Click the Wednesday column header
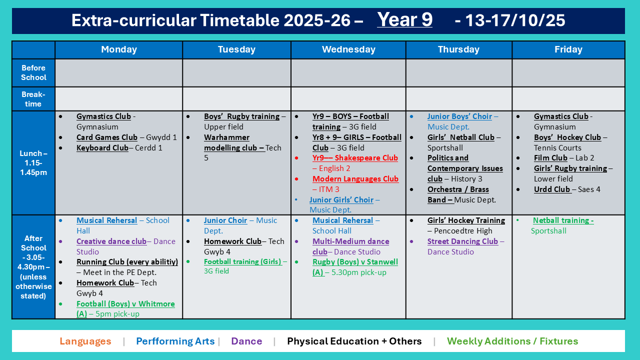(x=348, y=49)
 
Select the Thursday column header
(x=458, y=49)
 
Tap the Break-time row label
(x=33, y=99)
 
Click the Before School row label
(x=33, y=72)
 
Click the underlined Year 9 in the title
(x=404, y=19)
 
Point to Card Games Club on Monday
(x=107, y=137)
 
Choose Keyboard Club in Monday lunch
(x=102, y=147)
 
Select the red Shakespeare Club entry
(x=355, y=158)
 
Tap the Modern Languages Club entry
(x=355, y=179)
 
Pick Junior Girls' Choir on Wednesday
(x=341, y=199)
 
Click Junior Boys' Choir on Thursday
(x=459, y=116)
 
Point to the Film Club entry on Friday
(x=550, y=158)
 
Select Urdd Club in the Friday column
(x=552, y=189)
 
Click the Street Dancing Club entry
(x=462, y=241)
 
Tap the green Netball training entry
(x=563, y=220)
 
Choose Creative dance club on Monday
(x=111, y=241)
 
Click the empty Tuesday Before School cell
(x=236, y=73)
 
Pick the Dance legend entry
(x=246, y=341)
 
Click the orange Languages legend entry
(x=85, y=341)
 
